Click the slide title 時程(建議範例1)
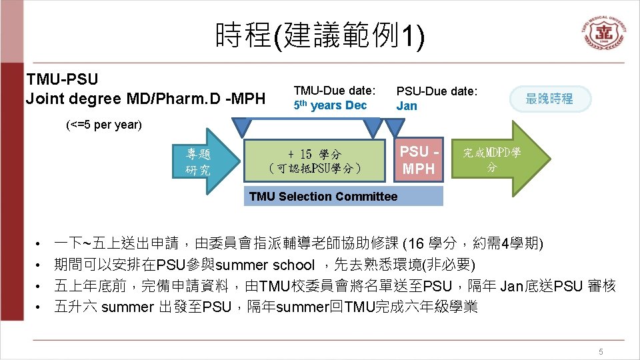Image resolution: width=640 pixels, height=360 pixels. [319, 35]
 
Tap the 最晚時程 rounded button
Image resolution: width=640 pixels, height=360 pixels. [549, 99]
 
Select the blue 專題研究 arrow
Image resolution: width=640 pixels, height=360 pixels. [200, 161]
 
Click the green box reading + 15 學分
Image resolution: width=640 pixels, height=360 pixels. [315, 161]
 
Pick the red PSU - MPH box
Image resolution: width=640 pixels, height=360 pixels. [418, 161]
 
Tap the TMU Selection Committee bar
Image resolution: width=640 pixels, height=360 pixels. [343, 196]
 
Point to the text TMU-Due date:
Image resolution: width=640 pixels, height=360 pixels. [335, 90]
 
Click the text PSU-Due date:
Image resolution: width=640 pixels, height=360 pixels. [437, 91]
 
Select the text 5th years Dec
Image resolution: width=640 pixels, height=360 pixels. [330, 105]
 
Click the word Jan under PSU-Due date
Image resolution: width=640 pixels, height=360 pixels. [407, 105]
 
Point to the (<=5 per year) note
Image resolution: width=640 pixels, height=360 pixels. [104, 125]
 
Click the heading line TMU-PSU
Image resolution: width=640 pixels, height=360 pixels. [62, 79]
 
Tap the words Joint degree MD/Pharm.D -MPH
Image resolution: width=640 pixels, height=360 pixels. [145, 99]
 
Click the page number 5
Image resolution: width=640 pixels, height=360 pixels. [601, 351]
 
